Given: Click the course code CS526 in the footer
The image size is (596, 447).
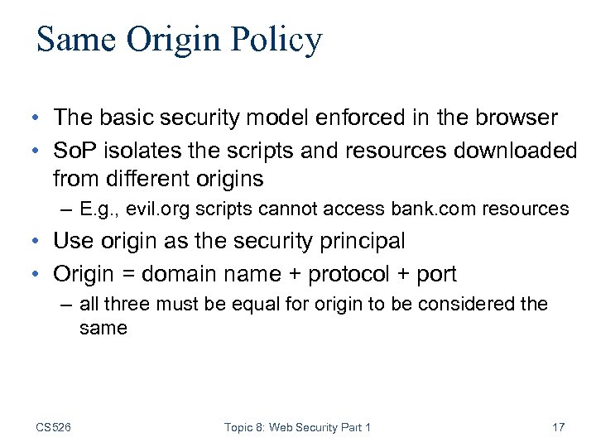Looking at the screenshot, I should pyautogui.click(x=54, y=427).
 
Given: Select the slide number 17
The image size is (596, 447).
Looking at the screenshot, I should pyautogui.click(x=558, y=427).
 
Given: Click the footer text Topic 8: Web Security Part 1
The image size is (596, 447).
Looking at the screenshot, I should pyautogui.click(x=297, y=427).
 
